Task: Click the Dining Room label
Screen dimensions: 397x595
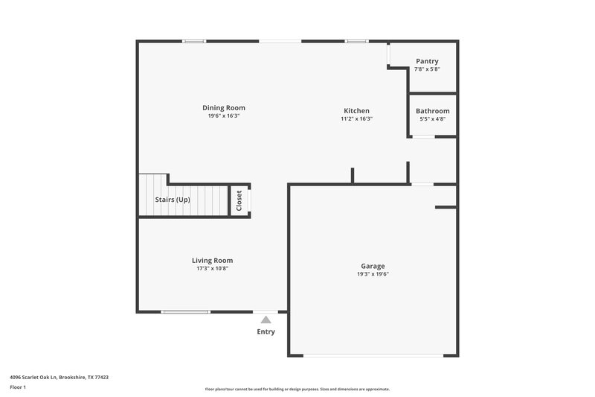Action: click(x=224, y=108)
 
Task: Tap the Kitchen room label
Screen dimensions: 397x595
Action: click(x=356, y=111)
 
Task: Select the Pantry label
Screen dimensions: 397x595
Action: click(x=427, y=61)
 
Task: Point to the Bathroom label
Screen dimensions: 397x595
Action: click(x=432, y=111)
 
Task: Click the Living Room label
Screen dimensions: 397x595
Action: click(x=213, y=260)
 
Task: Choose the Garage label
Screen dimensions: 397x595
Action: click(x=373, y=266)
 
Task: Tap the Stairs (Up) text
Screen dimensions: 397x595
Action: click(x=173, y=200)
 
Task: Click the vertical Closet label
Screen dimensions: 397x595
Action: click(x=239, y=201)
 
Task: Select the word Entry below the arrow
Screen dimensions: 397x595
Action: click(x=266, y=331)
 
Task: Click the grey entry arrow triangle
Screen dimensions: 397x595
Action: click(x=266, y=320)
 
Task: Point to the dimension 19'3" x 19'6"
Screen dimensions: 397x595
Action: click(x=373, y=274)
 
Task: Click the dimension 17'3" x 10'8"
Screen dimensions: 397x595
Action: click(x=213, y=268)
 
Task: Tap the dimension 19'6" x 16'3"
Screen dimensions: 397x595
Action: click(x=224, y=116)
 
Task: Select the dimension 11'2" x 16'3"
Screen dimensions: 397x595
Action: click(x=356, y=118)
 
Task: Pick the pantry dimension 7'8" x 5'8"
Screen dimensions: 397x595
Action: click(x=427, y=69)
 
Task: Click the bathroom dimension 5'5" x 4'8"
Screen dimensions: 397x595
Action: click(x=432, y=118)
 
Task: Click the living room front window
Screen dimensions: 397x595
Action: click(x=186, y=311)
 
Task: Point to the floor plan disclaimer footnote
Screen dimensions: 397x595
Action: click(x=297, y=389)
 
